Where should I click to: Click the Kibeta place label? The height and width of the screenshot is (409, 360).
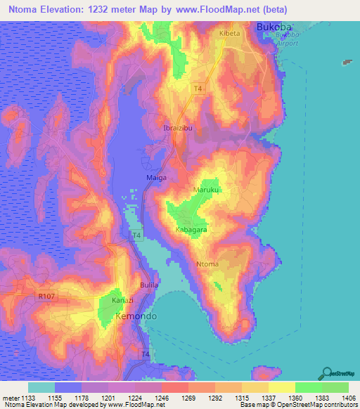pyautogui.click(x=229, y=33)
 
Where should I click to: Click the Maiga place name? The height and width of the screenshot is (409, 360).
pyautogui.click(x=156, y=178)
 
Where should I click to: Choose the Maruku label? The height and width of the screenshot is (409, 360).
pyautogui.click(x=205, y=190)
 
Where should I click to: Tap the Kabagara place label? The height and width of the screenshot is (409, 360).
pyautogui.click(x=191, y=229)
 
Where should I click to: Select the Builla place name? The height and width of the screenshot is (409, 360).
pyautogui.click(x=149, y=285)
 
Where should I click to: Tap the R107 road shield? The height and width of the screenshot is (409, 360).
pyautogui.click(x=46, y=298)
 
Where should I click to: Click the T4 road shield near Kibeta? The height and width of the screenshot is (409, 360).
pyautogui.click(x=198, y=88)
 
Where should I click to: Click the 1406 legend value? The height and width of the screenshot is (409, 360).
pyautogui.click(x=348, y=397)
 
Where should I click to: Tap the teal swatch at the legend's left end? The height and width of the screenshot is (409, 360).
pyautogui.click(x=41, y=387)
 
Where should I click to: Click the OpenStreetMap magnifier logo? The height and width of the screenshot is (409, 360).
pyautogui.click(x=328, y=372)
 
